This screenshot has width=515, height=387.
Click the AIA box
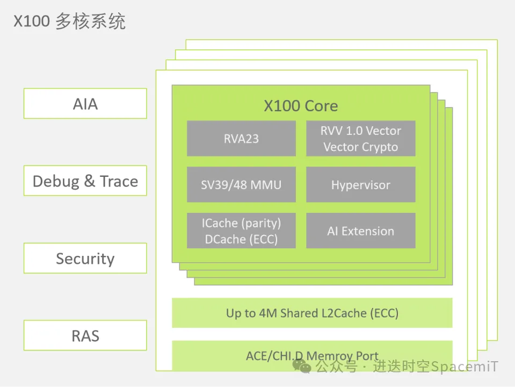pyautogui.click(x=85, y=103)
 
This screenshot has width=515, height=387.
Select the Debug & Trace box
pyautogui.click(x=85, y=181)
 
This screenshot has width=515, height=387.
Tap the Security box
pyautogui.click(x=85, y=258)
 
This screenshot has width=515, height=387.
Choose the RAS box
pyautogui.click(x=85, y=335)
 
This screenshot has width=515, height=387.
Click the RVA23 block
pyautogui.click(x=241, y=138)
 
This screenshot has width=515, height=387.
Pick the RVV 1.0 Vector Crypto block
pyautogui.click(x=360, y=138)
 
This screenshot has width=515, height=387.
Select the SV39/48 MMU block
pyautogui.click(x=241, y=184)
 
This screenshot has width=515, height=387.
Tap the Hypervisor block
pyautogui.click(x=360, y=184)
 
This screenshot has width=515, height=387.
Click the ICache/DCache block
pyautogui.click(x=241, y=231)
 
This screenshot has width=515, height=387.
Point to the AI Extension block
pyautogui.click(x=360, y=231)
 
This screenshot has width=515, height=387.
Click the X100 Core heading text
pyautogui.click(x=301, y=105)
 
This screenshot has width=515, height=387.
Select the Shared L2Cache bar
pyautogui.click(x=311, y=313)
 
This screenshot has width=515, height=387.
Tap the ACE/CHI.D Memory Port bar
pyautogui.click(x=311, y=355)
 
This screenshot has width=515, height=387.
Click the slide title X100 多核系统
pyautogui.click(x=69, y=21)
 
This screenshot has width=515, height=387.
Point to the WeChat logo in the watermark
pyautogui.click(x=301, y=367)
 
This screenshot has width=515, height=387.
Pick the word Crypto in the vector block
pyautogui.click(x=379, y=147)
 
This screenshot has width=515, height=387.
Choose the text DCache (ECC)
pyautogui.click(x=241, y=239)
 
